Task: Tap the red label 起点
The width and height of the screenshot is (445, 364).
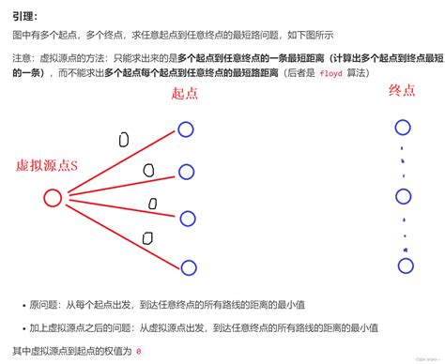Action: (x=185, y=94)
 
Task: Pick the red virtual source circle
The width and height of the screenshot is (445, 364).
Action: (x=53, y=198)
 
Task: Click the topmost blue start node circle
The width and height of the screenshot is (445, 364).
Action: (x=187, y=129)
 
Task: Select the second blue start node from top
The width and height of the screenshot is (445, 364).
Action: (x=186, y=171)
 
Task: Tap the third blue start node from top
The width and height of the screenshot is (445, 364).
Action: (x=188, y=219)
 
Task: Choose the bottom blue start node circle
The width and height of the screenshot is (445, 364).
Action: (x=189, y=268)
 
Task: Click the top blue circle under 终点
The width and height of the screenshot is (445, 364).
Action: (x=405, y=129)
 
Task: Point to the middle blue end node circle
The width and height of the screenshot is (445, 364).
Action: (x=405, y=197)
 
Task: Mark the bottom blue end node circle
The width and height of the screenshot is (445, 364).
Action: (x=406, y=265)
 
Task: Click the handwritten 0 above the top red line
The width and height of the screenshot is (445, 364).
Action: (x=123, y=139)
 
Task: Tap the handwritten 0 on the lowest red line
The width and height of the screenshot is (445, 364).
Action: (x=146, y=237)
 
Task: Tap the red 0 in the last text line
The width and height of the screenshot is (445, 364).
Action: (x=138, y=352)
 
